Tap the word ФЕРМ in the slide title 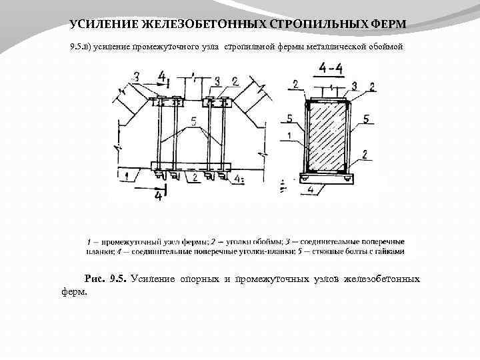pyautogui.click(x=386, y=25)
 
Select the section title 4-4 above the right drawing pyautogui.click(x=331, y=68)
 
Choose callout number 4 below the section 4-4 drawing pyautogui.click(x=311, y=190)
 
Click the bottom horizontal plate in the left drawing pyautogui.click(x=191, y=166)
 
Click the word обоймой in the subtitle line pyautogui.click(x=385, y=49)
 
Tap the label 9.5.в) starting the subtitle pyautogui.click(x=81, y=49)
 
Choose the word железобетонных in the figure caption pyautogui.click(x=381, y=278)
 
